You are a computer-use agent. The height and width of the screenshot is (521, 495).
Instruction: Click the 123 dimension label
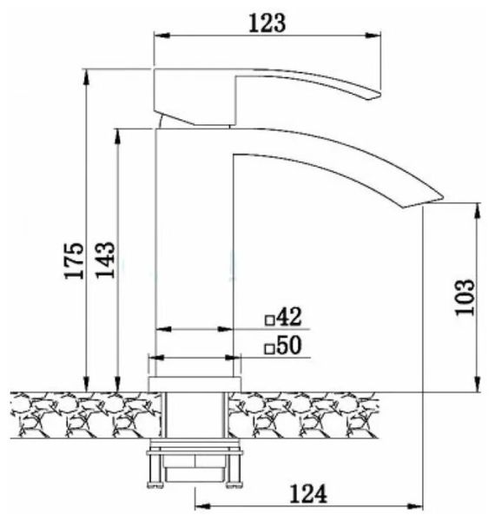[267, 23]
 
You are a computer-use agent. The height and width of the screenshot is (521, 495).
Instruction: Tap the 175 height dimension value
[75, 260]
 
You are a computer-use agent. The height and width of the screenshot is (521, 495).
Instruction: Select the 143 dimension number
[105, 260]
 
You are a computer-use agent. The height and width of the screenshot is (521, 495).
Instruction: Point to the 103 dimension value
[465, 297]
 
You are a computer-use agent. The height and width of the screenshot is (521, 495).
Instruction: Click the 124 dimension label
[308, 494]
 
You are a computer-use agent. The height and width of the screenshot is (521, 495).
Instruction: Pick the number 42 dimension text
[289, 316]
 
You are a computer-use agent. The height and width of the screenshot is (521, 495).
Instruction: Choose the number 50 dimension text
[289, 346]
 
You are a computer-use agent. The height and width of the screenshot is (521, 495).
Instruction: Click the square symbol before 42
[270, 320]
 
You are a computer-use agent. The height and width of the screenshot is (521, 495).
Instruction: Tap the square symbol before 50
[270, 349]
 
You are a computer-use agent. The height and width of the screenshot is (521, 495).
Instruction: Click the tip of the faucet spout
[443, 197]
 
